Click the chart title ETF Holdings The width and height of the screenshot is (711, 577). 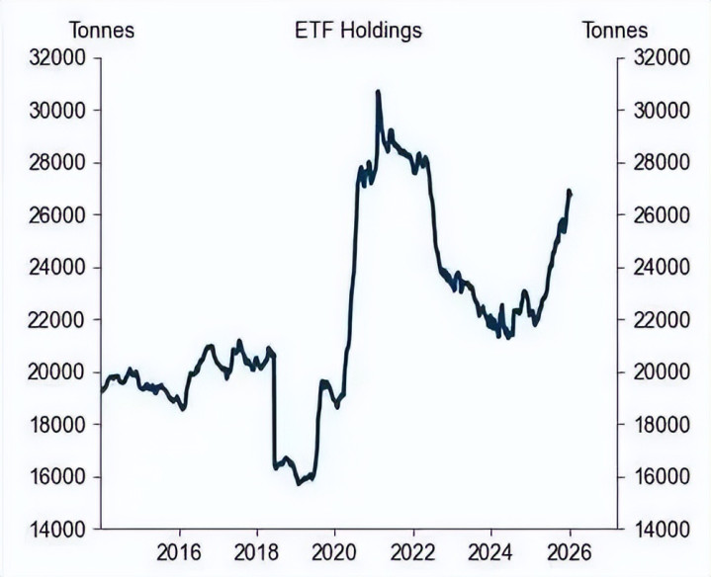(x=358, y=30)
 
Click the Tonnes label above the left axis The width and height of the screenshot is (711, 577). (x=101, y=30)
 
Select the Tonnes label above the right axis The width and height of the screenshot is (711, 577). (x=615, y=30)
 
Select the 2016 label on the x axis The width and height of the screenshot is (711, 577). (x=179, y=550)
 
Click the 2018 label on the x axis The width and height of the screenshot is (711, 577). (x=256, y=550)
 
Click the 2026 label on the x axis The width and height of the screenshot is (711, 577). (x=570, y=550)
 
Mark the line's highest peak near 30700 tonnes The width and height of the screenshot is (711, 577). (x=378, y=91)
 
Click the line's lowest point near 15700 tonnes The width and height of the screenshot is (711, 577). (x=299, y=484)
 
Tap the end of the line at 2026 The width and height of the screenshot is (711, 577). (x=570, y=194)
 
